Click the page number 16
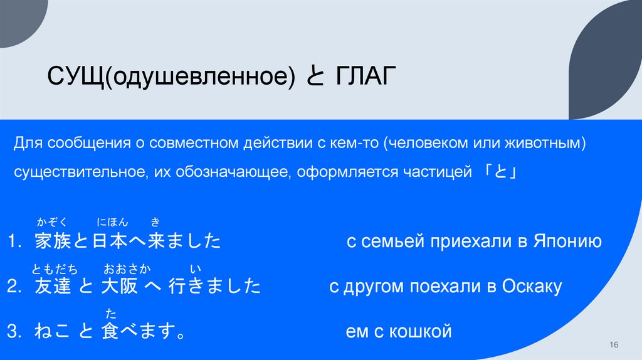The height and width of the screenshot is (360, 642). (x=614, y=346)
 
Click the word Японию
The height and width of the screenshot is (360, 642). (x=568, y=241)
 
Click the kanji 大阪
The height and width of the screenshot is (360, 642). (x=120, y=287)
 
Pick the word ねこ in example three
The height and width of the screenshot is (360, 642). (x=52, y=332)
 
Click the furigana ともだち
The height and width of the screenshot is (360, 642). (x=55, y=270)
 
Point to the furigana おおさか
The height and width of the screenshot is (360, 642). (x=127, y=270)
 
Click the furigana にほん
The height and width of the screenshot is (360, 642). (x=112, y=221)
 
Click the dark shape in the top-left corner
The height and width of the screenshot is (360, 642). (x=19, y=16)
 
